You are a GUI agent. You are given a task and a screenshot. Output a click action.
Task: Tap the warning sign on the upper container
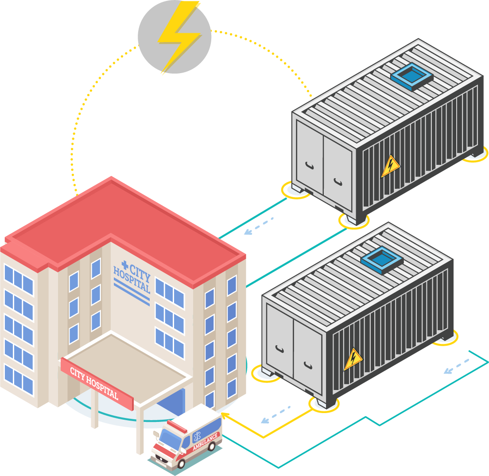tap(390, 166)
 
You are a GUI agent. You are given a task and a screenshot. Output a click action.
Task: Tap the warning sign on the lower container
tap(353, 359)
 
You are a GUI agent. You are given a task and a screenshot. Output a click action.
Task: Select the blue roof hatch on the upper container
tap(411, 77)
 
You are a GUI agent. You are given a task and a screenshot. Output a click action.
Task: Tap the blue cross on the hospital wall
tap(124, 266)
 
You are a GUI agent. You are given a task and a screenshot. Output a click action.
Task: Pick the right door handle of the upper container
tap(338, 181)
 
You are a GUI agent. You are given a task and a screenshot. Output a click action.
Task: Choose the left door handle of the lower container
tap(280, 349)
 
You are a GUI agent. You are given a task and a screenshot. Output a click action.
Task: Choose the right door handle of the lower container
tap(308, 364)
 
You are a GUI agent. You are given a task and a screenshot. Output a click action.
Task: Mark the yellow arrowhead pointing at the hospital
tap(224, 415)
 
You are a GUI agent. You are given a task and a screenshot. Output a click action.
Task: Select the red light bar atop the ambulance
tap(177, 426)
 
